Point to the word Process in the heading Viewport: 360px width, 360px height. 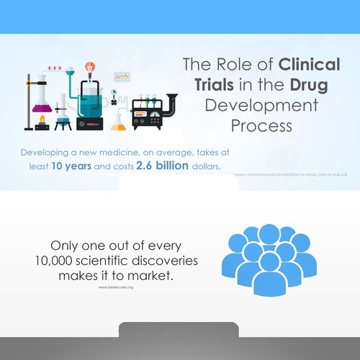[x=261, y=127]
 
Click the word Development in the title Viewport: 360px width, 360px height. [x=261, y=106]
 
